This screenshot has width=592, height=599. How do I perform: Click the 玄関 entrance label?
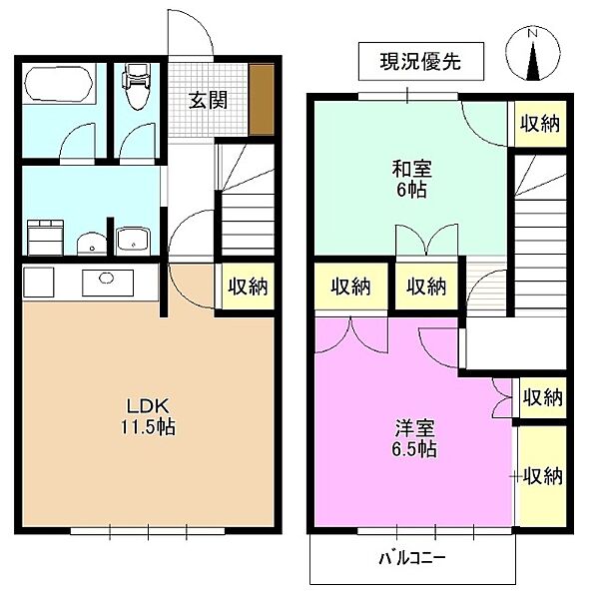pyautogui.click(x=209, y=100)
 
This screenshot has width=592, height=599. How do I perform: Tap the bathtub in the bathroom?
pyautogui.click(x=59, y=85)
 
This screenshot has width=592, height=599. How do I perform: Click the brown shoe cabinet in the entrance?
pyautogui.click(x=262, y=99)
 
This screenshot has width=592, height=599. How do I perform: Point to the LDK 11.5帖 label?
pyautogui.click(x=148, y=416)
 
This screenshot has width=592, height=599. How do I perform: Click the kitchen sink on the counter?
pyautogui.click(x=108, y=283)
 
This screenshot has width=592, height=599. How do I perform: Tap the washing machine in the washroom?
pyautogui.click(x=45, y=238)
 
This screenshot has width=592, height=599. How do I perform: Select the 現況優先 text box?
pyautogui.click(x=421, y=61)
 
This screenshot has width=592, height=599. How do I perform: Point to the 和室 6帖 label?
pyautogui.click(x=411, y=179)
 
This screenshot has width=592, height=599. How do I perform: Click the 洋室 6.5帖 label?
pyautogui.click(x=414, y=438)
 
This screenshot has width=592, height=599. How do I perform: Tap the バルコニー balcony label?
pyautogui.click(x=412, y=559)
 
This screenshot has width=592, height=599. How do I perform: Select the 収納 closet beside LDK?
pyautogui.click(x=248, y=286)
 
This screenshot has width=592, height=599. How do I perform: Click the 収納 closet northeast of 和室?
pyautogui.click(x=540, y=124)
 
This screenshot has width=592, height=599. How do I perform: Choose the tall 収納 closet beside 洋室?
pyautogui.click(x=542, y=476)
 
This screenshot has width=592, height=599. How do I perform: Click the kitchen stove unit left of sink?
pyautogui.click(x=39, y=282)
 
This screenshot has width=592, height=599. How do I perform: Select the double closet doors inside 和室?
pyautogui.click(x=426, y=240)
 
